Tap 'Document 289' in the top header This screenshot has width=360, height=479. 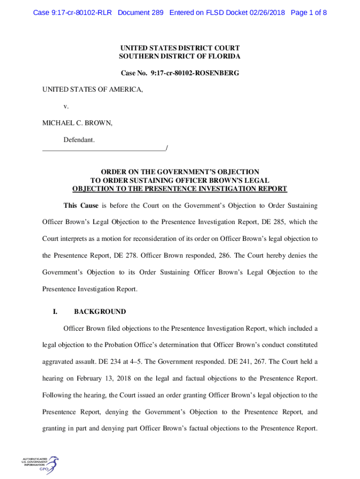tap(141, 13)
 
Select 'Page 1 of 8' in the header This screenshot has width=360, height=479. tap(309, 13)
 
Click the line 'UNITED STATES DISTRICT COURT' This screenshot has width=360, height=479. tap(180, 48)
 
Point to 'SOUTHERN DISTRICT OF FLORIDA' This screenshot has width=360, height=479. tap(180, 56)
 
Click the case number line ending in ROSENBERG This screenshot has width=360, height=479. tap(180, 73)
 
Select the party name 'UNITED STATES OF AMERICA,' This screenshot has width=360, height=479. tap(93, 89)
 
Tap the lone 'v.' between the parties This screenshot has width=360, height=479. tap(66, 106)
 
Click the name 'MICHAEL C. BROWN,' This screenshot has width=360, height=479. tap(77, 123)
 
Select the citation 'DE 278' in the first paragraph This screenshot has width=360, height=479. tap(125, 255)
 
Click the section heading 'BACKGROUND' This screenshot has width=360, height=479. tap(100, 312)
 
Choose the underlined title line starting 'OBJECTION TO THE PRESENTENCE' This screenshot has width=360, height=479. tap(180, 189)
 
